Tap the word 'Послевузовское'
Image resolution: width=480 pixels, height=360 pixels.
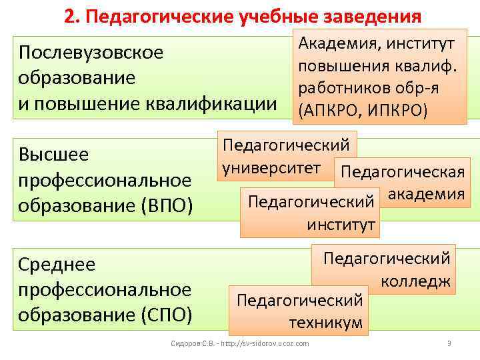[x=91, y=52]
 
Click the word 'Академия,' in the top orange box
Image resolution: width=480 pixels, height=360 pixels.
[x=335, y=45]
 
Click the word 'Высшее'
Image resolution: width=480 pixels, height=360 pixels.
[x=54, y=155]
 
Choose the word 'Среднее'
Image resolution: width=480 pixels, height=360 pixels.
[x=57, y=265]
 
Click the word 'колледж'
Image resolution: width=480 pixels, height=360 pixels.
[x=416, y=281]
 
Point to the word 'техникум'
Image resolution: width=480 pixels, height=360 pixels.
[x=325, y=323]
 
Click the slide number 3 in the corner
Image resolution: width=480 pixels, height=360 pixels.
[x=449, y=343]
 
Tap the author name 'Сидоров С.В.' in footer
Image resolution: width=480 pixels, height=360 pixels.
[x=190, y=343]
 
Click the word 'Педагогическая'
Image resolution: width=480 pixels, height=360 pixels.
[x=402, y=172]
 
